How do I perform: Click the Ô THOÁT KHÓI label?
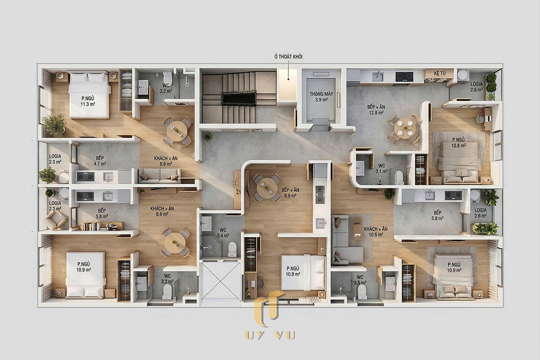(288, 57)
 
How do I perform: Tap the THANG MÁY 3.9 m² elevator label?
(321, 96)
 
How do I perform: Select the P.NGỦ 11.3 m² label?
(88, 101)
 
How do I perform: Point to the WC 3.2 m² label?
(166, 88)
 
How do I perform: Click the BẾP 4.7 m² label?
(100, 161)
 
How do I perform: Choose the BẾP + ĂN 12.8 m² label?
(376, 109)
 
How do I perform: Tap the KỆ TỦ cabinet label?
(440, 73)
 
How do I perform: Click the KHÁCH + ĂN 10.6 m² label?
(376, 231)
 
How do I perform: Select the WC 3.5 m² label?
(360, 280)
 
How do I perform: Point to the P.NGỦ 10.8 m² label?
(459, 143)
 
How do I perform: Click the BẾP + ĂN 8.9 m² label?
(290, 193)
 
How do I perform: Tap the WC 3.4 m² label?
(223, 233)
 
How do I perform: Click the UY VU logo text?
(270, 335)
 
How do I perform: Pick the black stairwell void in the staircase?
(238, 98)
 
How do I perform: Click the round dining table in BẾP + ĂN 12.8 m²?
(405, 128)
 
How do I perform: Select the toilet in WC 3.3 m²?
(167, 292)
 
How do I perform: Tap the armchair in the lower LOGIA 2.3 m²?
(55, 220)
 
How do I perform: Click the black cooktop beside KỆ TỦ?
(404, 76)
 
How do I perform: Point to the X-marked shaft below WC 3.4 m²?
(220, 282)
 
